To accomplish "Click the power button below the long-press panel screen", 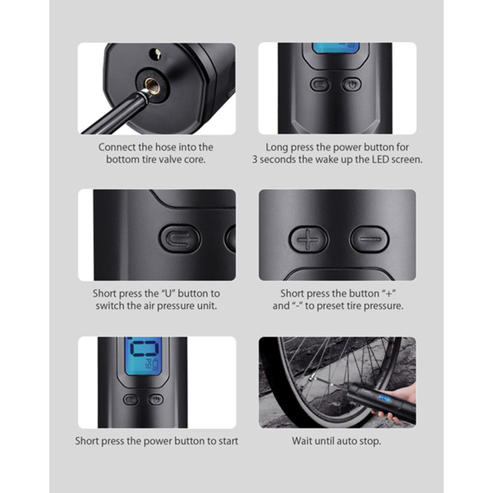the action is coord(351,85).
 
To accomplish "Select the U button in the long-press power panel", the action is coord(320,85).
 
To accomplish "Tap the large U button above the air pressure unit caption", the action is coord(180,238).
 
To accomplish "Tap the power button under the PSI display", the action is coord(155,400).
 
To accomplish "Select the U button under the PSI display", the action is coord(131,400).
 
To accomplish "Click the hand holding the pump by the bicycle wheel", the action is coord(396,404).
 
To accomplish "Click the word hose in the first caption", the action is coord(165,147).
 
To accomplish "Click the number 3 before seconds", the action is coord(255,159).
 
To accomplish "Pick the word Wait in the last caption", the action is coord(302,441).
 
